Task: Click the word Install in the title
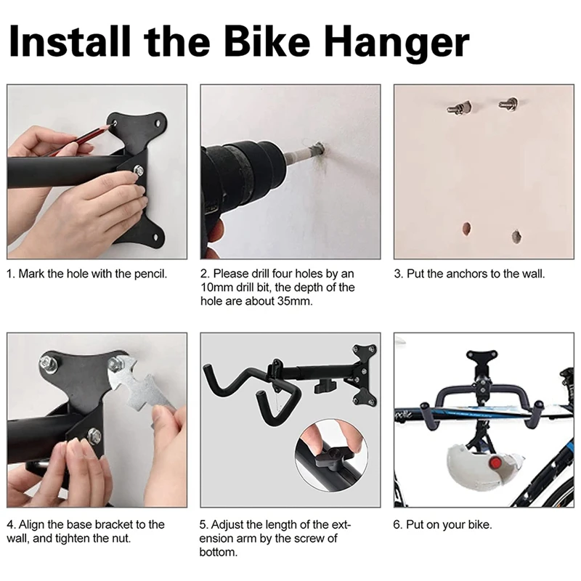tap(70, 41)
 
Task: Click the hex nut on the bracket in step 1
tap(139, 171)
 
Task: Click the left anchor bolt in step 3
tap(459, 107)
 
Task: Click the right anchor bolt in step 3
tap(508, 103)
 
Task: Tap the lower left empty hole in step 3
tap(467, 229)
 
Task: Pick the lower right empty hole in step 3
tap(516, 237)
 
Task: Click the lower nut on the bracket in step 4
tap(94, 435)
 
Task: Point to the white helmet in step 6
tap(482, 468)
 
